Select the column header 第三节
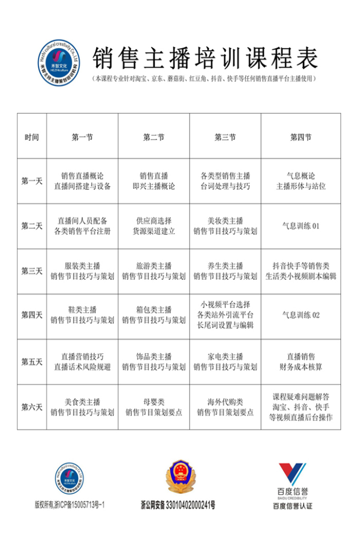[x=225, y=137]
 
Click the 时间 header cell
[x=32, y=137]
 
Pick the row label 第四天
[x=32, y=315]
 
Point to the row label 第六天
[x=32, y=407]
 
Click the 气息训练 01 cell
[x=301, y=226]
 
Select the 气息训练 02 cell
[x=301, y=315]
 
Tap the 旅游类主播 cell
[x=154, y=271]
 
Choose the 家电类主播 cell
[x=225, y=362]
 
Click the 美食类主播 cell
[x=82, y=407]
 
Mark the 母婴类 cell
[x=154, y=407]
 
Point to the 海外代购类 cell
[x=225, y=407]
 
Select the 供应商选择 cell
[x=154, y=226]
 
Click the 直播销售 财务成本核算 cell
[x=301, y=362]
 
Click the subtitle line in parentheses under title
[x=205, y=79]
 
